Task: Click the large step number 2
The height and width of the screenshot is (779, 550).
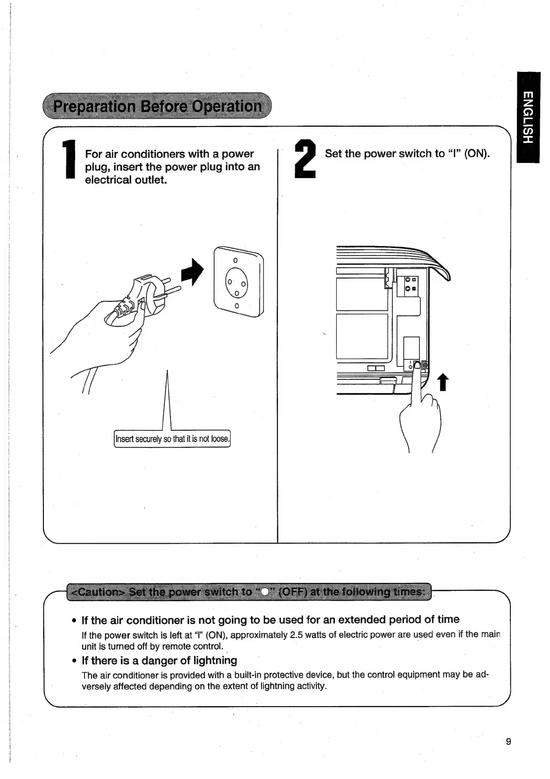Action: pyautogui.click(x=306, y=161)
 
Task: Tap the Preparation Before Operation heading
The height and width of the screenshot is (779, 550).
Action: pyautogui.click(x=157, y=106)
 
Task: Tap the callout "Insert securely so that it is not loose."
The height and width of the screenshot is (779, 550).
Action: pyautogui.click(x=172, y=439)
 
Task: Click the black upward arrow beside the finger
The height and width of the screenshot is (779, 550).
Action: pyautogui.click(x=443, y=383)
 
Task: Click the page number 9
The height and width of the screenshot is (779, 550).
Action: pyautogui.click(x=508, y=742)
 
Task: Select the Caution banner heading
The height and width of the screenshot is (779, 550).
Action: pyautogui.click(x=250, y=592)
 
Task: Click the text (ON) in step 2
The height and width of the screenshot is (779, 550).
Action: pyautogui.click(x=477, y=154)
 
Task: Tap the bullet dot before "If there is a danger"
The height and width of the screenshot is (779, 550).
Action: pyautogui.click(x=74, y=661)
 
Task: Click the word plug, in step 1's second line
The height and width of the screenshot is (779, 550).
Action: pyautogui.click(x=97, y=167)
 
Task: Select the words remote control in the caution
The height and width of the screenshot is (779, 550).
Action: pyautogui.click(x=188, y=646)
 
